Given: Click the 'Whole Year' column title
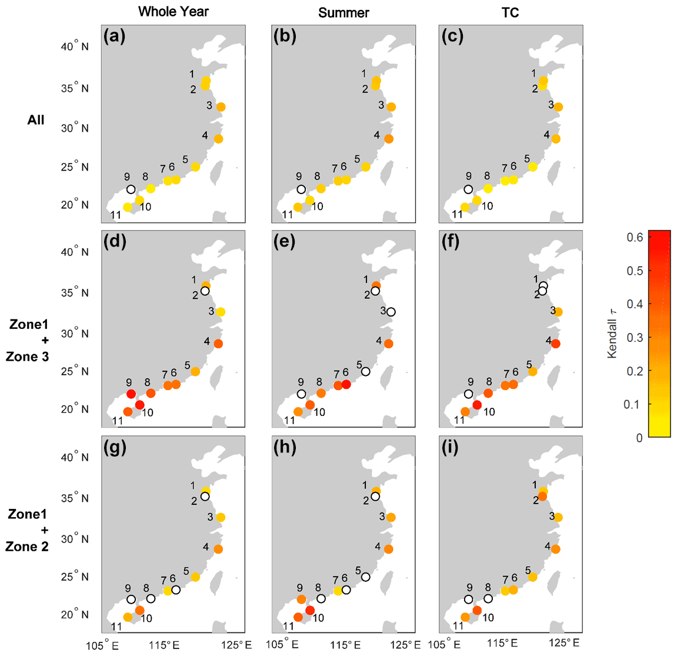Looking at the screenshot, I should tap(173, 12).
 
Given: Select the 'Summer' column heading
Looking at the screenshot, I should tap(343, 12).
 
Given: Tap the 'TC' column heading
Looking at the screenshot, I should tap(510, 12).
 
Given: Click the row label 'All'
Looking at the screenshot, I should tap(36, 120).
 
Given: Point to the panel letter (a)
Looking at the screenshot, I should tap(114, 36).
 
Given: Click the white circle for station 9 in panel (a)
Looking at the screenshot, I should tap(131, 189).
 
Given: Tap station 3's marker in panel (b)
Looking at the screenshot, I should tap(391, 107).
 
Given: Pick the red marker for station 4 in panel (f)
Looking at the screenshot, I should tap(556, 344).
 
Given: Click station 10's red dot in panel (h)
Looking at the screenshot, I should tap(310, 610).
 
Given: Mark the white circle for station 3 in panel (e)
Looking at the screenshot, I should tap(391, 312).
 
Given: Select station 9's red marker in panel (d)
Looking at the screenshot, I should tap(131, 394).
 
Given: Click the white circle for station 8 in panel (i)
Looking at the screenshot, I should tap(488, 599).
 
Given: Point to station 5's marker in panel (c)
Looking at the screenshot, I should tap(533, 167).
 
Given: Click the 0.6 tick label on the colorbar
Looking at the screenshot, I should tap(635, 237).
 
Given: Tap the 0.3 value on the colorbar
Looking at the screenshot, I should tap(635, 337).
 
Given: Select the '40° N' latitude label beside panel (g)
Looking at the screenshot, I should tap(75, 457).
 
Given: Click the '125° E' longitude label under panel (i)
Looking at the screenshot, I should tap(569, 644).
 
